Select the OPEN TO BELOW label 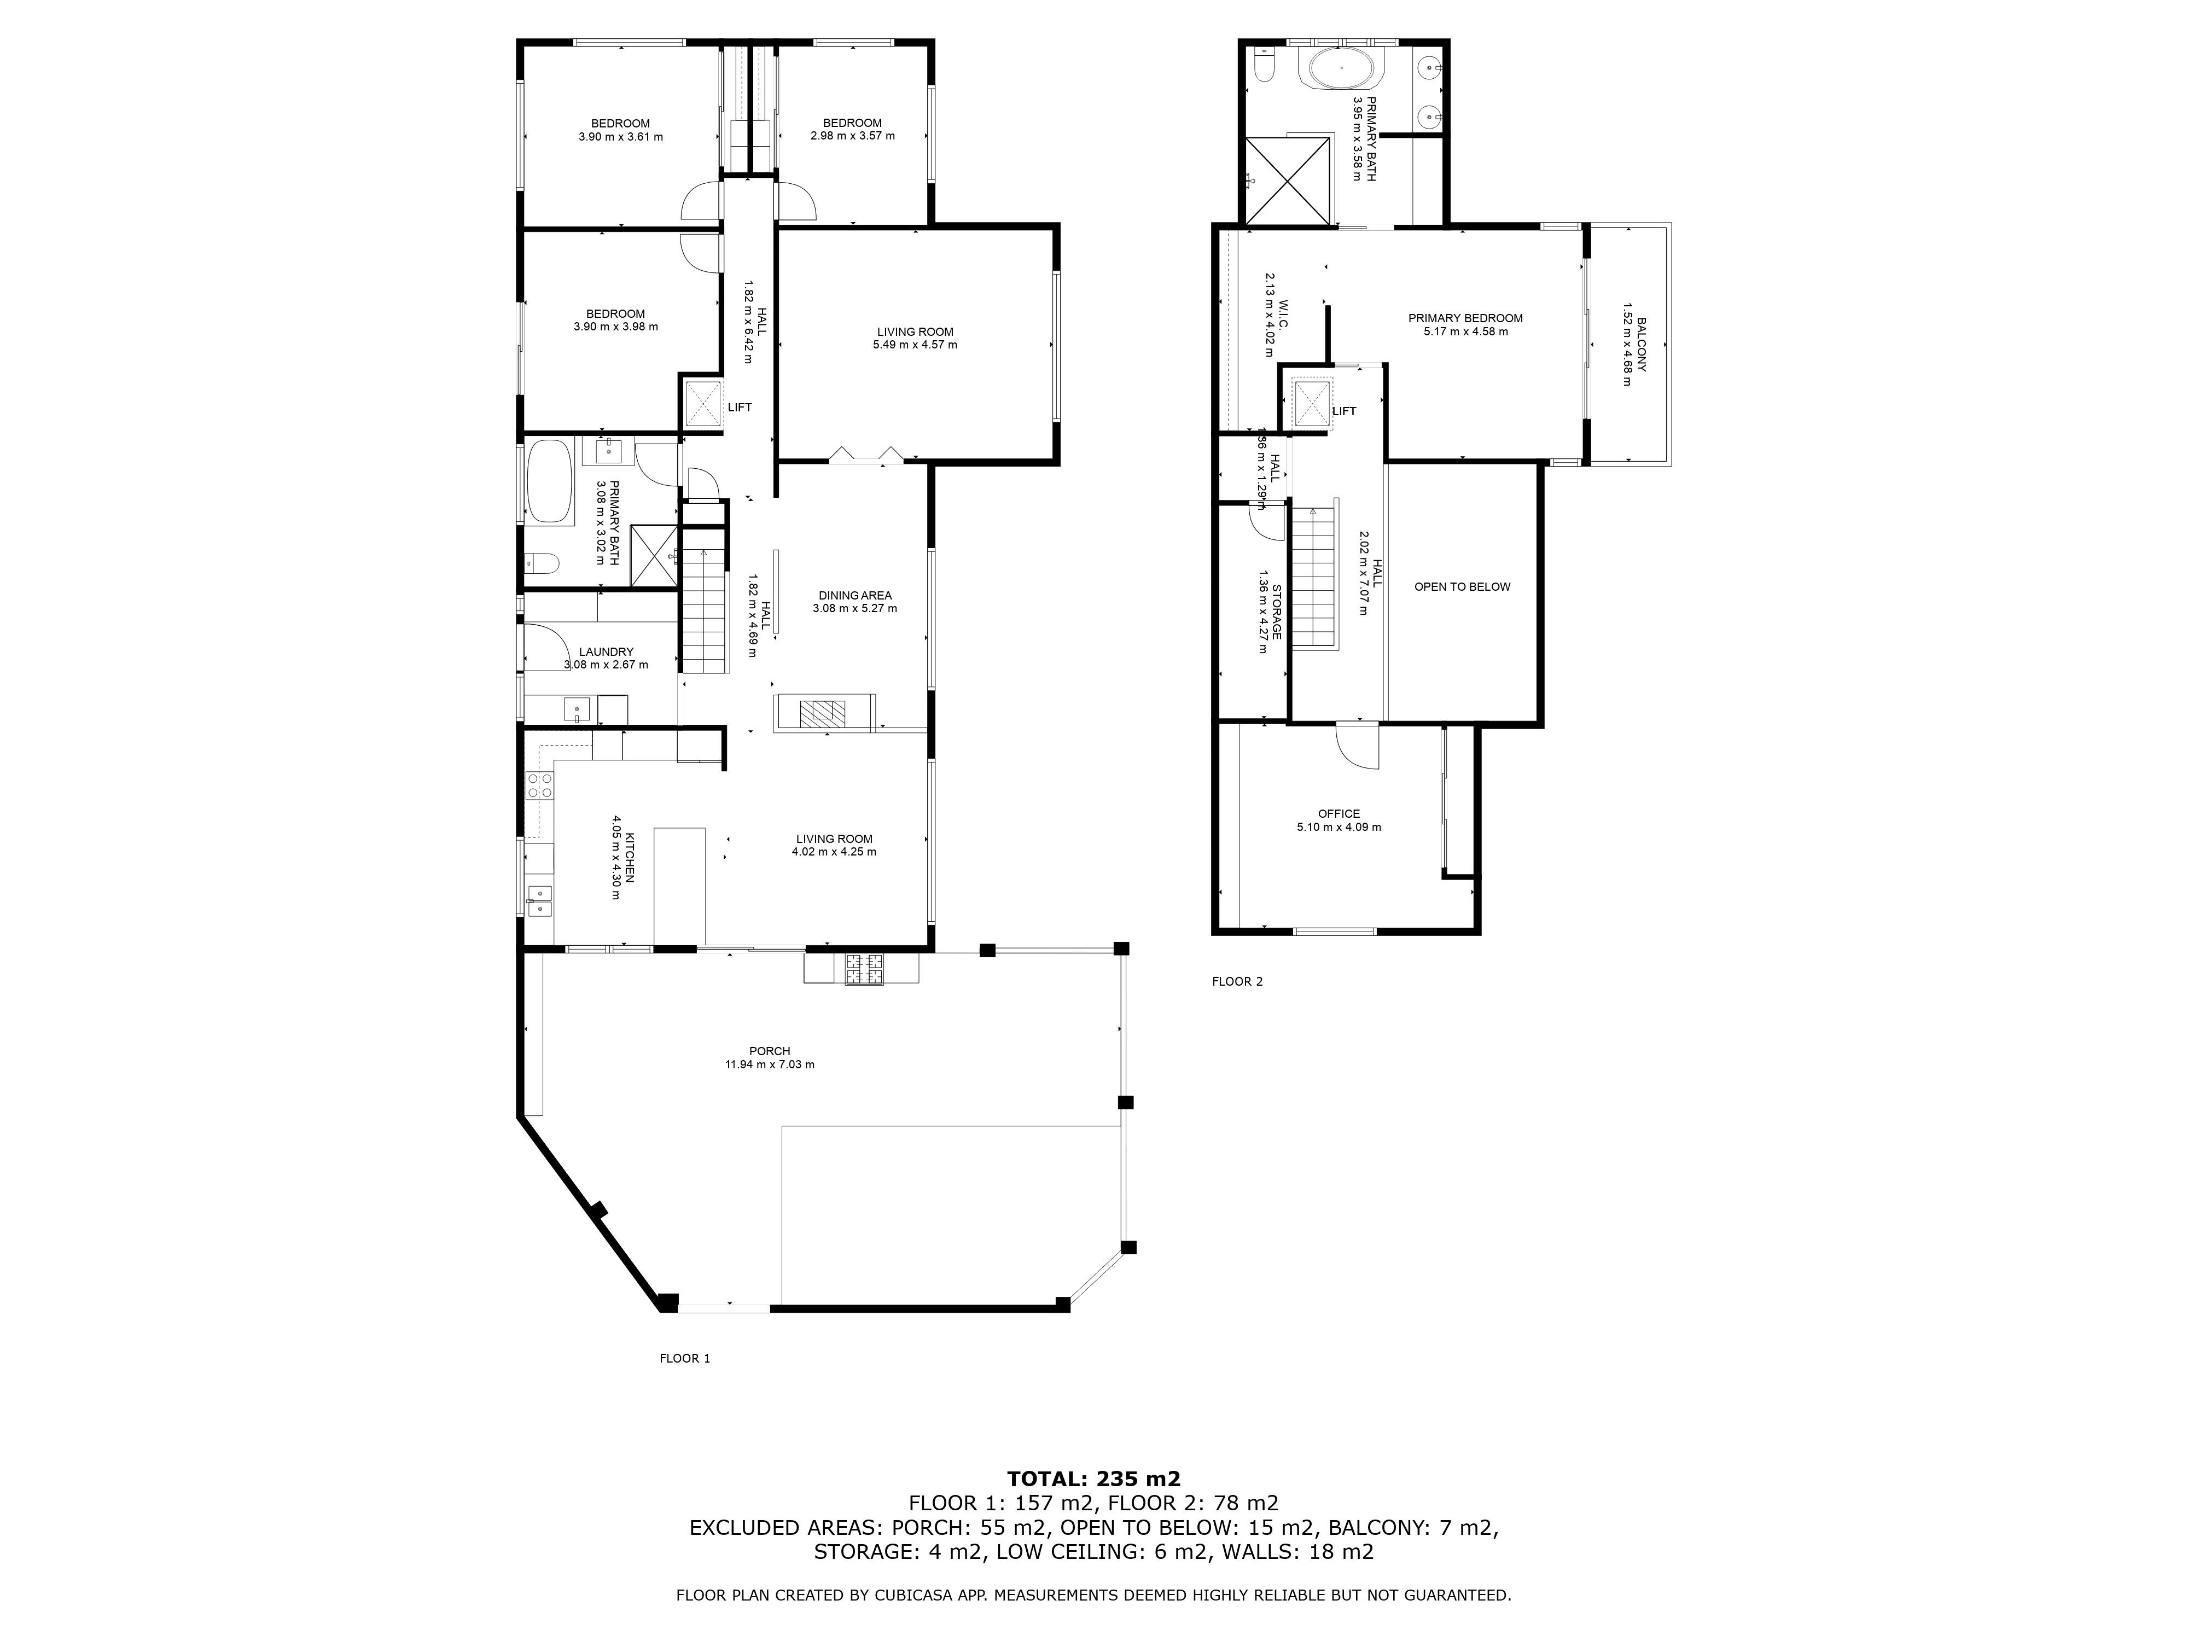pyautogui.click(x=1462, y=586)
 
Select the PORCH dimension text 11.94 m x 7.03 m pyautogui.click(x=770, y=1064)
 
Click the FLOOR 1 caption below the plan pyautogui.click(x=684, y=1358)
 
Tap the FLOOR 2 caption pyautogui.click(x=1237, y=981)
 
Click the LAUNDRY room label pyautogui.click(x=606, y=652)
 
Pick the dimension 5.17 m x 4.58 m pyautogui.click(x=1466, y=331)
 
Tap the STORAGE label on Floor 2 pyautogui.click(x=1276, y=612)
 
